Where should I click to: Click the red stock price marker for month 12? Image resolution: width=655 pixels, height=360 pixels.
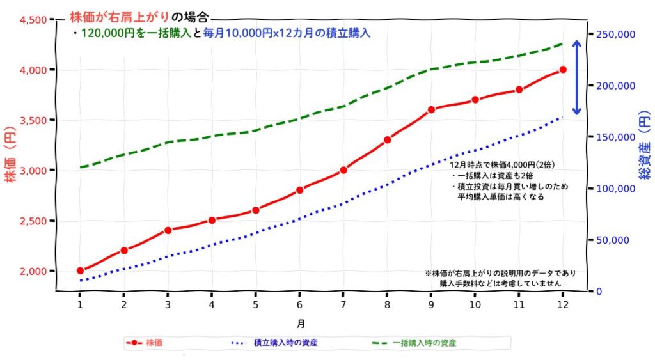pos(563,70)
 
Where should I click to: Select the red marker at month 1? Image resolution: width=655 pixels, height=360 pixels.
pos(80,271)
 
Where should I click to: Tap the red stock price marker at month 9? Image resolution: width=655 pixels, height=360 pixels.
pos(431,109)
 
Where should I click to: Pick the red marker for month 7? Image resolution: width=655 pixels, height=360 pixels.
pos(343,170)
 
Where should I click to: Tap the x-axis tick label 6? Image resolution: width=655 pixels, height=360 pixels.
pos(299,305)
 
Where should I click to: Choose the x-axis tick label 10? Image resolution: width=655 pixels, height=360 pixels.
pos(475,305)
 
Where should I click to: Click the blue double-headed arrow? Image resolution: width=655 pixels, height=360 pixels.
pos(576,78)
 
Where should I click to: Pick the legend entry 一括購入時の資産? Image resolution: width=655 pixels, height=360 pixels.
pos(424,343)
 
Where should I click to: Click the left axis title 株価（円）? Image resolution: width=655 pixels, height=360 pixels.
pos(11,156)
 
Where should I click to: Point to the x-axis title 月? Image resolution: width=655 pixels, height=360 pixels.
pos(300,324)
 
